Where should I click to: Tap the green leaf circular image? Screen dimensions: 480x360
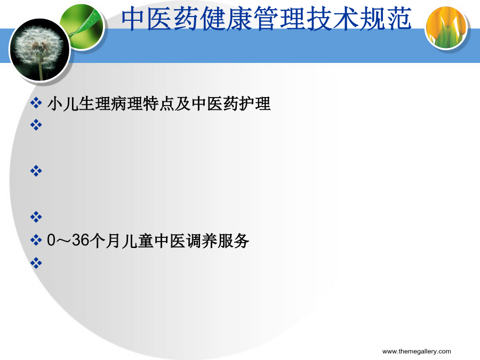click(x=82, y=27)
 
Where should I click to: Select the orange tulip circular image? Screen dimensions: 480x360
click(x=446, y=28)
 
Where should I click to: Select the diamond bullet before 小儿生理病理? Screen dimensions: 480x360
click(x=36, y=103)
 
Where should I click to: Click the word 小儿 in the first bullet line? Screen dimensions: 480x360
click(x=63, y=103)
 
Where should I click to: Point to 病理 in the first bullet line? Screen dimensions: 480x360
click(x=127, y=103)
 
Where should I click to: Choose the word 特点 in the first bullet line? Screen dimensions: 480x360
click(x=158, y=103)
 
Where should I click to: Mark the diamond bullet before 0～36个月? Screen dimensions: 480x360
click(x=36, y=240)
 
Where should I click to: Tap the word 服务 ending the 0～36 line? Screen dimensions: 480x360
click(x=233, y=241)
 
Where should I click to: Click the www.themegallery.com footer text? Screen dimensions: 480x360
click(x=417, y=351)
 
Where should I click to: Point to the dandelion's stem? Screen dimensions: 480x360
click(x=40, y=70)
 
